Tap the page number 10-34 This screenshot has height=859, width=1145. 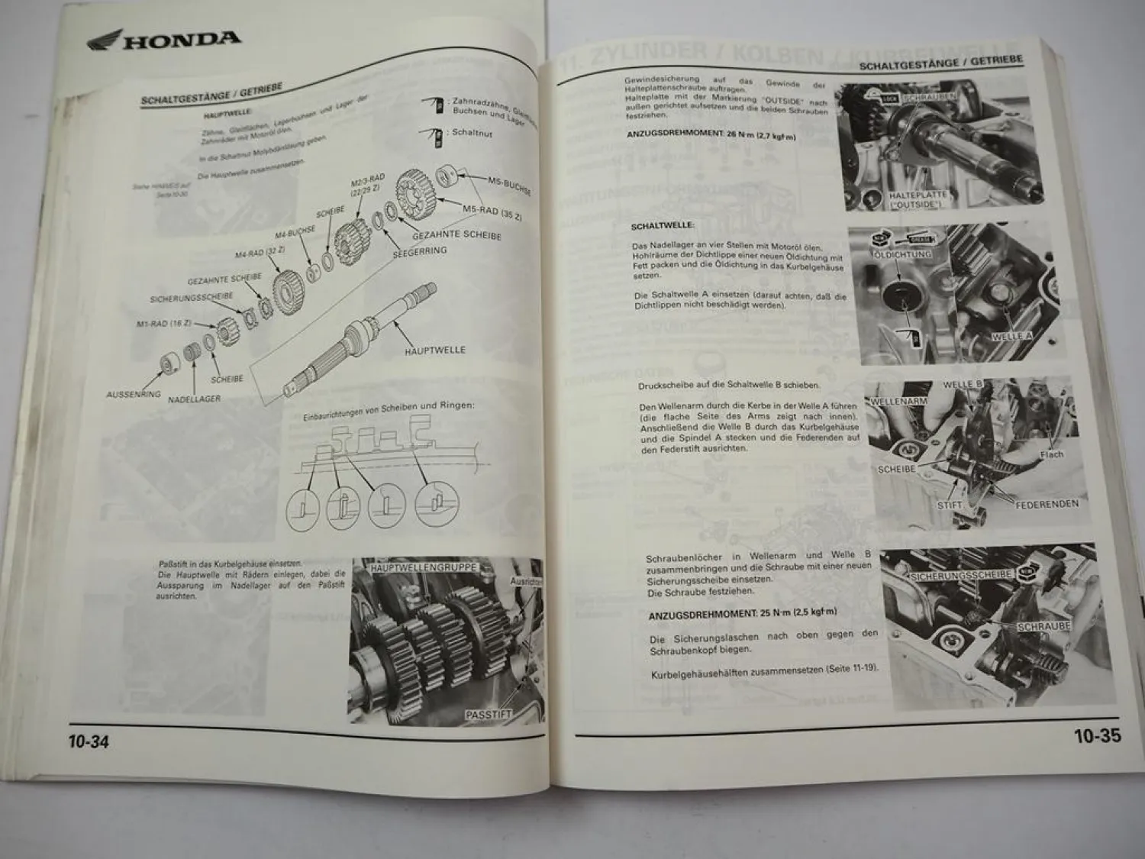click(x=89, y=741)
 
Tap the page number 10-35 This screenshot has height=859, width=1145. click(x=1097, y=736)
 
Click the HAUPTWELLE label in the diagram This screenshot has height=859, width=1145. click(x=434, y=350)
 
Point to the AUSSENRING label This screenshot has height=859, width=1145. click(x=134, y=395)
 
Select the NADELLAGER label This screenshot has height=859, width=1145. click(x=194, y=399)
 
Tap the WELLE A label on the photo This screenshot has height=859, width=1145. click(x=1011, y=336)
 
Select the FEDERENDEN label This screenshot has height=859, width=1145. click(x=1047, y=504)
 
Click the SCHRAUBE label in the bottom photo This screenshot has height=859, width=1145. click(x=1043, y=626)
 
